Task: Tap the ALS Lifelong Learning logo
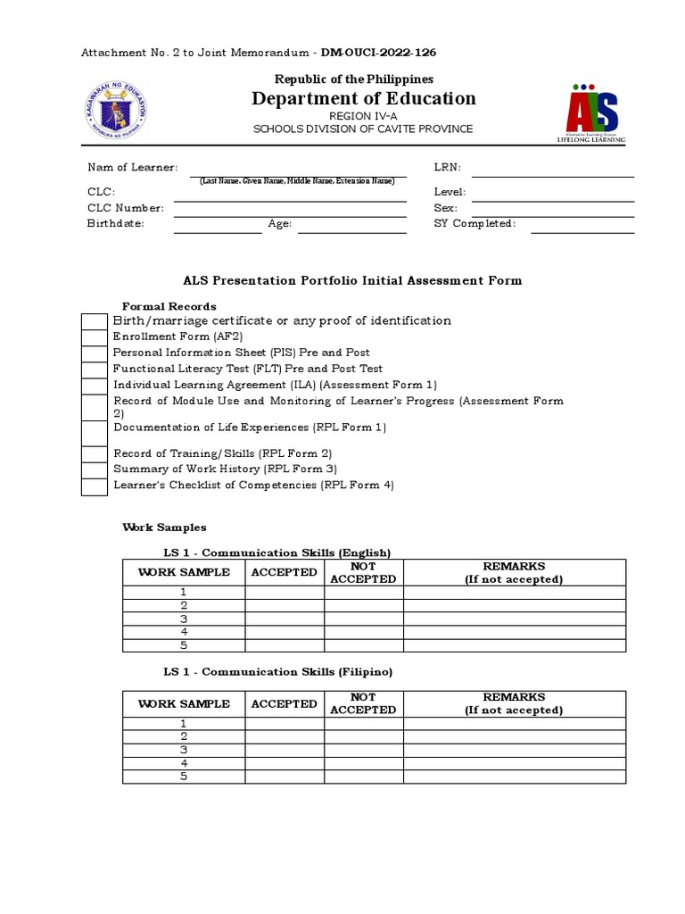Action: click(591, 113)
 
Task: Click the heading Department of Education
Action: click(363, 98)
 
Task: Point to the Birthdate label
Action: click(115, 224)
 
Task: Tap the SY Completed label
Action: click(475, 224)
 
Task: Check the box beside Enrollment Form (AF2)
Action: click(95, 337)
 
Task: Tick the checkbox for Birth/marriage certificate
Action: click(95, 321)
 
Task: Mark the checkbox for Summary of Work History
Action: click(95, 469)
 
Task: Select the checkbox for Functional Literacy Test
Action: click(95, 370)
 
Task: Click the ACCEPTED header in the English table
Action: click(285, 572)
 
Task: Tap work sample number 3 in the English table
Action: click(184, 619)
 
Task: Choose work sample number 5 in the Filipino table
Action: click(184, 777)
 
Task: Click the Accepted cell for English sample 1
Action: click(285, 592)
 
